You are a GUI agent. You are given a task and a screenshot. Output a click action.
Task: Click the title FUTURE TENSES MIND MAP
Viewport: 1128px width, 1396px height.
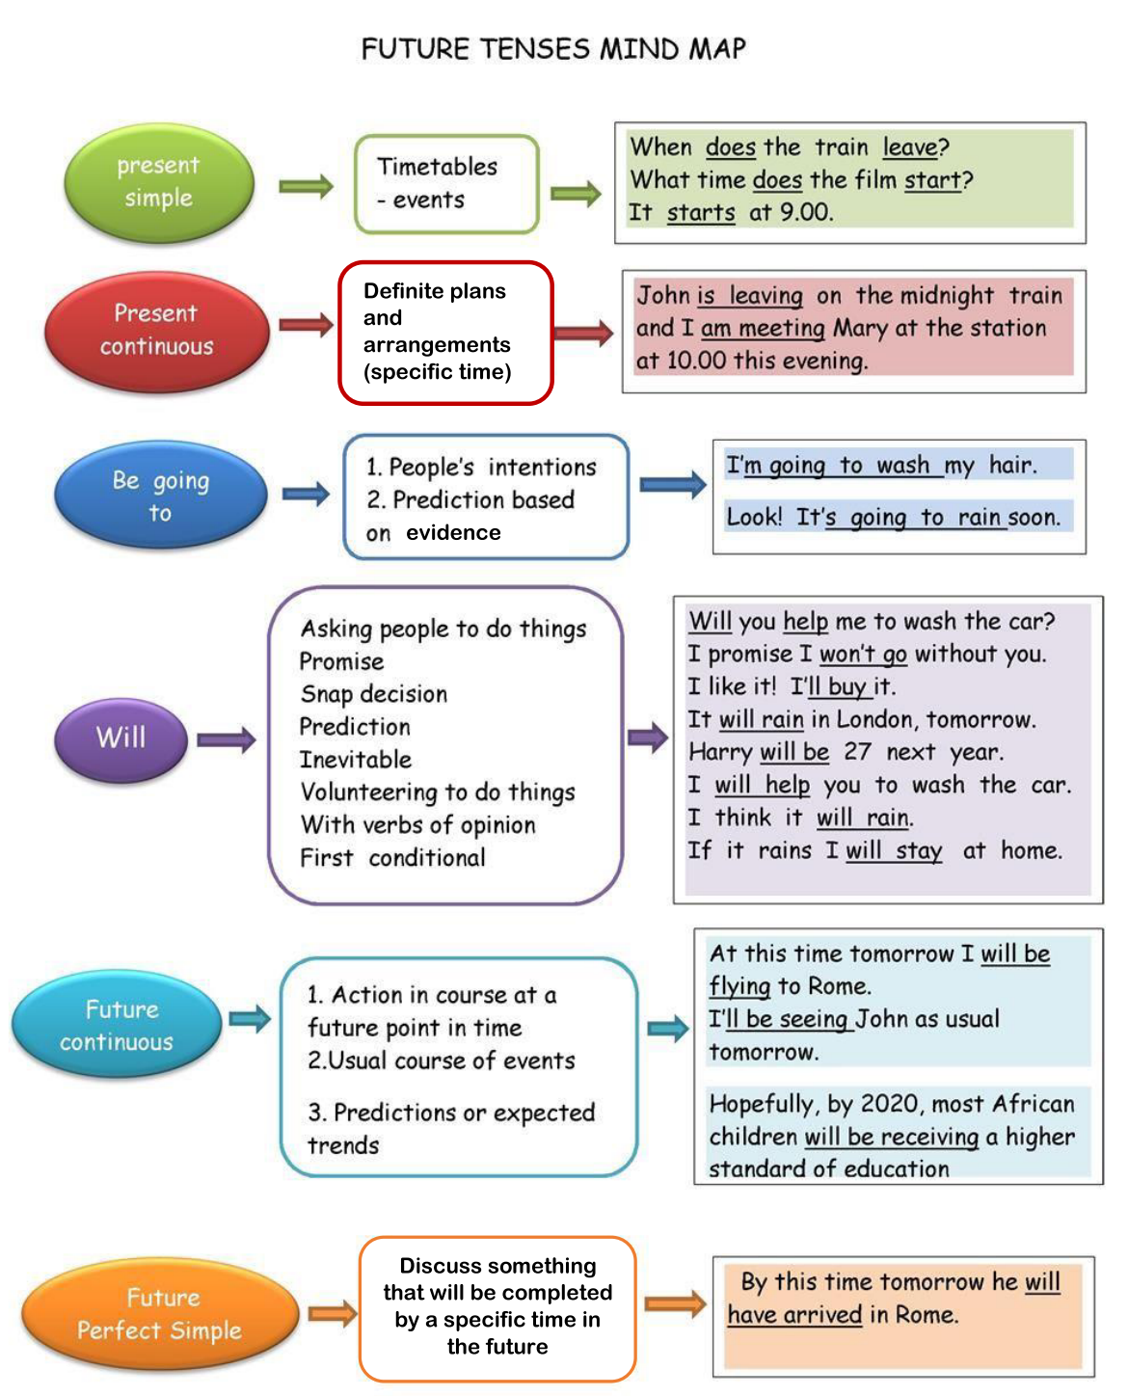tap(553, 49)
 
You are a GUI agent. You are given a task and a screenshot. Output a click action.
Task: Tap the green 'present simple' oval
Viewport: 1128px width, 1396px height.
tap(159, 182)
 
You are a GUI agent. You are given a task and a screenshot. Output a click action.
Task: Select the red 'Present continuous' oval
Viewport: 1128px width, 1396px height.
tap(156, 331)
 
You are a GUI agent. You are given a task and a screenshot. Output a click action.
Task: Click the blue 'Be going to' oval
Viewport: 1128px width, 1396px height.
tap(160, 496)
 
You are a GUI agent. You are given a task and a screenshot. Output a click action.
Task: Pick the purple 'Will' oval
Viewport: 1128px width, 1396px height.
tap(121, 738)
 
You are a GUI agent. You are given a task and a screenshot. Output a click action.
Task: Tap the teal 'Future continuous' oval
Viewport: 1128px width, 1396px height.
tap(117, 1025)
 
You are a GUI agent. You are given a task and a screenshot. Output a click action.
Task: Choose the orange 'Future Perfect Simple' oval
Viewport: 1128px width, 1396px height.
tap(160, 1314)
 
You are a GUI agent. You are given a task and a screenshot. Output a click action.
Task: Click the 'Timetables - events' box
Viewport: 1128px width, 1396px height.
tap(446, 184)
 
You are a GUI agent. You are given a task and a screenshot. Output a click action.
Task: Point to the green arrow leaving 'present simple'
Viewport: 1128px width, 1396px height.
tap(307, 186)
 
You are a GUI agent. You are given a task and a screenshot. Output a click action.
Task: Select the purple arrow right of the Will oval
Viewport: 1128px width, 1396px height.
tap(227, 740)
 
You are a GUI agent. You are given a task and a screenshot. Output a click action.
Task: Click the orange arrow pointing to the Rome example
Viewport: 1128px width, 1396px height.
tap(675, 1305)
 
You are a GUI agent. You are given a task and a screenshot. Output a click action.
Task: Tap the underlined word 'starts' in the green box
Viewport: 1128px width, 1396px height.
tap(701, 213)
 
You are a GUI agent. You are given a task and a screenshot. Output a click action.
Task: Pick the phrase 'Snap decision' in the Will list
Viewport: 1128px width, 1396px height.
tap(374, 694)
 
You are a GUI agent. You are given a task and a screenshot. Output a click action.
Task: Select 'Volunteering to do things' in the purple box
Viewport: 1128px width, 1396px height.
tap(438, 792)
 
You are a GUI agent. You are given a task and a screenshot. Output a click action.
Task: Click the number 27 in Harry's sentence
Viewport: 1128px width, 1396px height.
tap(857, 752)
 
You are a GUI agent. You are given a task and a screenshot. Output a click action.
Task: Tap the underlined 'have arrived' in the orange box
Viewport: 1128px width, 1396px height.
tap(794, 1315)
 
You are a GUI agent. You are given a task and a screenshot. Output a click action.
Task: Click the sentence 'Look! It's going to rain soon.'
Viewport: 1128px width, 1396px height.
tap(893, 518)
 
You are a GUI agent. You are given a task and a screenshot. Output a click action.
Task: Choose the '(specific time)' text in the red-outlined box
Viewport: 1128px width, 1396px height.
tap(438, 372)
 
